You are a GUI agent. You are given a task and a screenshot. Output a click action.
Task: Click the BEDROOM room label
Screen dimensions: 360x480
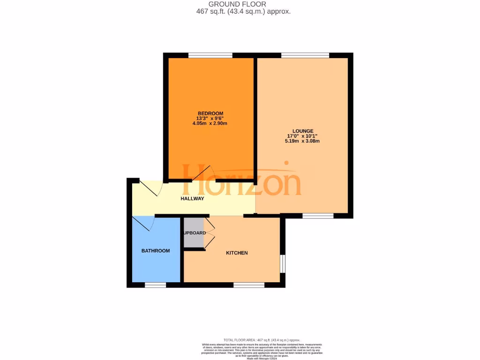(x=210, y=113)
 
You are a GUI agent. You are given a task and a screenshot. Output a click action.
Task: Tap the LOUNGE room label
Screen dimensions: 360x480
(x=303, y=131)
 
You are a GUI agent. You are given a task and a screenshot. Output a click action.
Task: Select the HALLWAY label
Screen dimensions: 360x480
(x=193, y=199)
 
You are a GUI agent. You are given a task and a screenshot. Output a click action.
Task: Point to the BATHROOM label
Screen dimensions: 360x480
(x=156, y=251)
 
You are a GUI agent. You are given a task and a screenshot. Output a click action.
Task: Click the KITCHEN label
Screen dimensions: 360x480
(x=237, y=253)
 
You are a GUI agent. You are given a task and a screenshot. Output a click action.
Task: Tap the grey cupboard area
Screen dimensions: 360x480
(x=194, y=233)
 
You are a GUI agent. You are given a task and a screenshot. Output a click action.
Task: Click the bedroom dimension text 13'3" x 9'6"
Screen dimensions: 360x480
(x=210, y=119)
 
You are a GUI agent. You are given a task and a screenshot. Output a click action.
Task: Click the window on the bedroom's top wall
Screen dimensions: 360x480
(x=210, y=55)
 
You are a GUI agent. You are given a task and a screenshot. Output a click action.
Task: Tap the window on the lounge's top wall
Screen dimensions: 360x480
(x=305, y=55)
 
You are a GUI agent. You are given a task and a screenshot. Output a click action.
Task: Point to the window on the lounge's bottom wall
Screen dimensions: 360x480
(x=318, y=216)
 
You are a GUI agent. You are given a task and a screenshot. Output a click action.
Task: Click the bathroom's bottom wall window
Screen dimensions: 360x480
(x=155, y=285)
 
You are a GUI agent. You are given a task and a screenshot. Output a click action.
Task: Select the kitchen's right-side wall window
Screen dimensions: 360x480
(x=283, y=263)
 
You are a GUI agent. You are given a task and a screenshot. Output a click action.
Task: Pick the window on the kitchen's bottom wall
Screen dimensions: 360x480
(x=249, y=285)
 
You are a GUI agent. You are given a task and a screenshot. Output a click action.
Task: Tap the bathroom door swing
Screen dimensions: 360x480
(x=143, y=224)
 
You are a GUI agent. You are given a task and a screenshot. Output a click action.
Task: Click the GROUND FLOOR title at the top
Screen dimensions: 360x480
(x=244, y=4)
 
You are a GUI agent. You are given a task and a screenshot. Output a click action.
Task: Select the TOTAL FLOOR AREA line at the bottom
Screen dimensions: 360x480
(x=262, y=340)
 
